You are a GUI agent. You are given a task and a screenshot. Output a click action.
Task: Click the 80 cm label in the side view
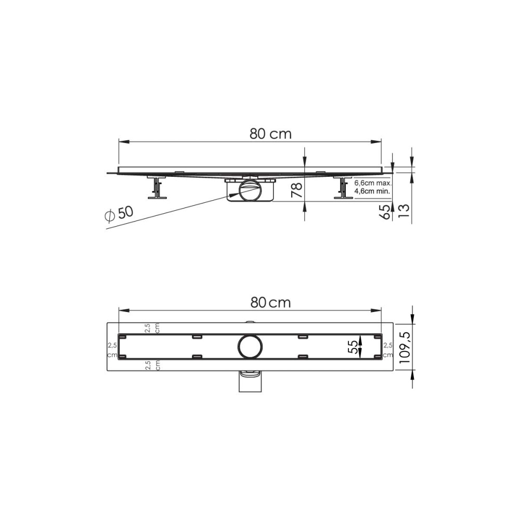[270, 134]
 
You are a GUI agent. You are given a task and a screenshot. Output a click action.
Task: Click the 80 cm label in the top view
[270, 303]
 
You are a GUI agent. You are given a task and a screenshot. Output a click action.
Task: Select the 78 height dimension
[297, 190]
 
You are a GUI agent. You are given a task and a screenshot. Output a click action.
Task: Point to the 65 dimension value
[385, 212]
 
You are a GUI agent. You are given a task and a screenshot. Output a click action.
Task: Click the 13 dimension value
[404, 211]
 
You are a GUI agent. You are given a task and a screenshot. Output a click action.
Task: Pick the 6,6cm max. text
[373, 183]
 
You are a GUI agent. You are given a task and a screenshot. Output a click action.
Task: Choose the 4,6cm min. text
[372, 191]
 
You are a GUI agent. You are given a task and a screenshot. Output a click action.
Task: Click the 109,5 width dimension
[405, 347]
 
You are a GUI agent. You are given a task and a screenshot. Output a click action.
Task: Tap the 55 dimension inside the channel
[354, 346]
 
